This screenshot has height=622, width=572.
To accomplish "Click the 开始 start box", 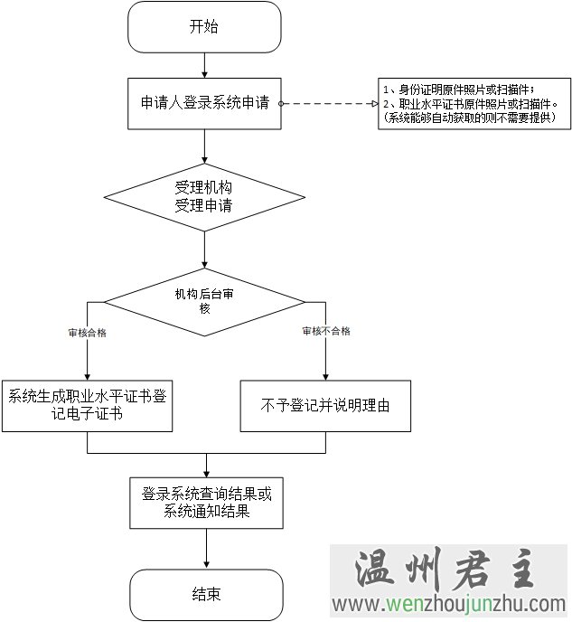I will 204,27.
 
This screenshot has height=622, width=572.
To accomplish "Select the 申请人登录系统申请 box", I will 204,104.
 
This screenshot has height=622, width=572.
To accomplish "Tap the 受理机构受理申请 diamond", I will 204,197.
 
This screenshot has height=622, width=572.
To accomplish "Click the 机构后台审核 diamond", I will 204,301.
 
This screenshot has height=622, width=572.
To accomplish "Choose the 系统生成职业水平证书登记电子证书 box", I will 87,404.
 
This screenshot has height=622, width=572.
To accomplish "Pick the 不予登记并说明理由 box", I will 325,404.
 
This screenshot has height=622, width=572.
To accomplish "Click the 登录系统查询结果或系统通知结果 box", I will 207,504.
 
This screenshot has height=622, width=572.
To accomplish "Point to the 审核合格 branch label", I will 87,332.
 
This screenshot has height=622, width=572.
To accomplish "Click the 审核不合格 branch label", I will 326,331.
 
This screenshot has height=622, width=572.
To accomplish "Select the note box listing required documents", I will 474,103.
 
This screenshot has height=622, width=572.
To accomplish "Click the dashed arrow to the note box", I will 330,104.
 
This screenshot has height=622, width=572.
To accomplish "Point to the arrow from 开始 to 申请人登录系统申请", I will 205,65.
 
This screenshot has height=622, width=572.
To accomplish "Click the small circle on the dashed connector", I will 282,104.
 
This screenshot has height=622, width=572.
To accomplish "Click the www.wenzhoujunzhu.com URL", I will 449,605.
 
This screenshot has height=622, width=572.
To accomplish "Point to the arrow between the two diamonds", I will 205,250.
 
